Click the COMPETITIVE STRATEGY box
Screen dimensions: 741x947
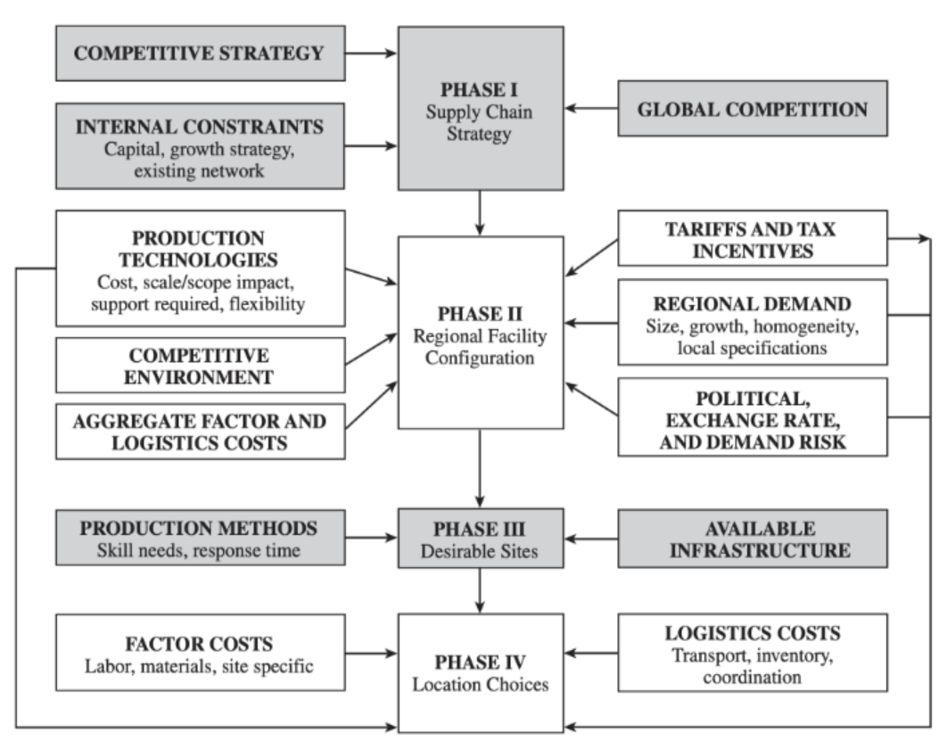click(199, 54)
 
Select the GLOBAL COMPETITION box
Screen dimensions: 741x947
click(752, 109)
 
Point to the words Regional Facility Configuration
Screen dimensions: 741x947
click(481, 348)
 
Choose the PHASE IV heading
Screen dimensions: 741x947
click(481, 663)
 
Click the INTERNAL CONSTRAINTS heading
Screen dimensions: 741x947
click(199, 126)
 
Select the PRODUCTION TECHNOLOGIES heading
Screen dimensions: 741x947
click(199, 249)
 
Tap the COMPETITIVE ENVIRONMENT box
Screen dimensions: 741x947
click(199, 366)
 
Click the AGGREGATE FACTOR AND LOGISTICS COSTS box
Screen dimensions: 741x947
click(199, 431)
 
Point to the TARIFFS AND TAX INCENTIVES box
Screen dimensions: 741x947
click(752, 239)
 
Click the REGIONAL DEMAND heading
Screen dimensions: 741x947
click(752, 302)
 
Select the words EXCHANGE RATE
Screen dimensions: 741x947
click(752, 418)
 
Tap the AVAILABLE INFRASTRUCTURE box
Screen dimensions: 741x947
click(752, 539)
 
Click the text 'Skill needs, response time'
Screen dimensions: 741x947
click(199, 550)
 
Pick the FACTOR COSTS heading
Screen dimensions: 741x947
click(199, 644)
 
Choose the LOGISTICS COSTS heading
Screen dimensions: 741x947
click(752, 633)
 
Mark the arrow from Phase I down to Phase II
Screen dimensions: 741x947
click(481, 212)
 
